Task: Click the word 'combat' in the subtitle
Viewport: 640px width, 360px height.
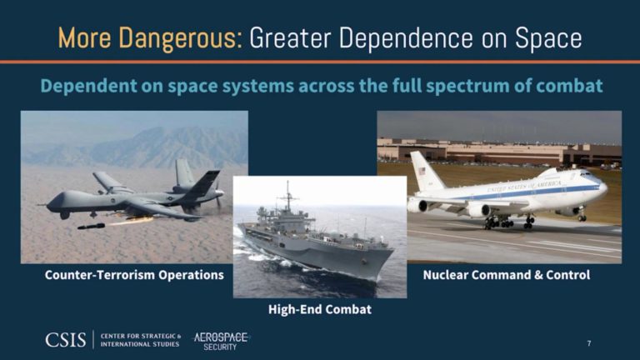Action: pyautogui.click(x=562, y=86)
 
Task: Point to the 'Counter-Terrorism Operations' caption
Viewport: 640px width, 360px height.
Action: pyautogui.click(x=133, y=274)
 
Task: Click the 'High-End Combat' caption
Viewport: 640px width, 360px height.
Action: pyautogui.click(x=319, y=309)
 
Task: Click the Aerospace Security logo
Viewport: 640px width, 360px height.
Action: pyautogui.click(x=221, y=339)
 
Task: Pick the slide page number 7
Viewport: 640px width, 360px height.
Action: pyautogui.click(x=589, y=343)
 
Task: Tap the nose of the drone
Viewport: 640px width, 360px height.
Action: pyautogui.click(x=52, y=201)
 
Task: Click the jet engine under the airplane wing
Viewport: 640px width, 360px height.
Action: pyautogui.click(x=478, y=209)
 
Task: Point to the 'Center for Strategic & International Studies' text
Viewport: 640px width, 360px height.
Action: pyautogui.click(x=139, y=339)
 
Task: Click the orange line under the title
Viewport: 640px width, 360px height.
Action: pyautogui.click(x=320, y=62)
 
